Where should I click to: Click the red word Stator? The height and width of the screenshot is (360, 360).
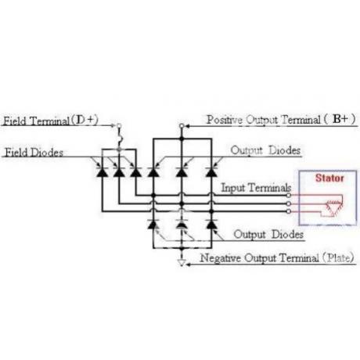(329, 178)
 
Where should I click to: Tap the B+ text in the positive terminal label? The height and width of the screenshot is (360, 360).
(340, 119)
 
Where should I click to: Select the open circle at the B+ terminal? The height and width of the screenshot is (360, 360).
(182, 126)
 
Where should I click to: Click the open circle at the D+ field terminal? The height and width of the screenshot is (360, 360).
(119, 126)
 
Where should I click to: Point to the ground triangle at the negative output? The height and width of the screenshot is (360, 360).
(182, 262)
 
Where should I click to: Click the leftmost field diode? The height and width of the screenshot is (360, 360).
(102, 172)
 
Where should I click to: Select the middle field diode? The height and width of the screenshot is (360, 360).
(119, 172)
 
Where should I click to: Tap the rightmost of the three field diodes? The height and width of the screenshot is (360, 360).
(135, 172)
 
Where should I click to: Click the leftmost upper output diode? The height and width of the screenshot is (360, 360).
(153, 172)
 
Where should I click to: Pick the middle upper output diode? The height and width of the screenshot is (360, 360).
(182, 172)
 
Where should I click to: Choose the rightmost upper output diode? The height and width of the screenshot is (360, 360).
(211, 172)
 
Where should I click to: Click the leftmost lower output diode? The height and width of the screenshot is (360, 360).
(153, 225)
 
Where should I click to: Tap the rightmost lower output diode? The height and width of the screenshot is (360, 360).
(211, 225)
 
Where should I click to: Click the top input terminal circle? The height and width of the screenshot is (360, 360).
(289, 195)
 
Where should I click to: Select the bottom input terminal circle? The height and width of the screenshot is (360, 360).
(289, 211)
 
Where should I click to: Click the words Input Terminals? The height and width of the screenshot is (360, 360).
(256, 188)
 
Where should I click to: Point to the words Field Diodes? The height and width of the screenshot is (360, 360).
(34, 153)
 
